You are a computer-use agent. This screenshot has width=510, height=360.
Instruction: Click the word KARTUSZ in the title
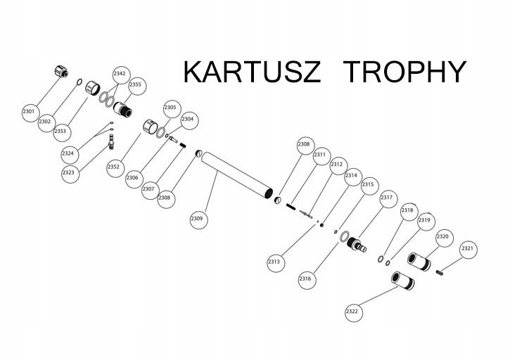tap(252, 72)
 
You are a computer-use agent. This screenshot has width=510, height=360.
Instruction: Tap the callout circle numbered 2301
tap(29, 111)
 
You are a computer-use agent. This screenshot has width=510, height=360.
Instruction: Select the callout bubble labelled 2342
tap(120, 73)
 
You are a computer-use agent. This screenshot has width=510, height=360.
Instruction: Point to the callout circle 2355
tap(135, 85)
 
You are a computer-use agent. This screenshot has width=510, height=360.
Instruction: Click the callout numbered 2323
tap(69, 173)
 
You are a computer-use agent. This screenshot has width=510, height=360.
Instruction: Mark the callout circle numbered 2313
tap(274, 262)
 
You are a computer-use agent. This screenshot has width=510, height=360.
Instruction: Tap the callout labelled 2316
tap(305, 279)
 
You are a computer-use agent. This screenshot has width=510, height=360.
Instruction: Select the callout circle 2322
tap(352, 311)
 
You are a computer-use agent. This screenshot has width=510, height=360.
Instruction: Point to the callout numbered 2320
tap(442, 237)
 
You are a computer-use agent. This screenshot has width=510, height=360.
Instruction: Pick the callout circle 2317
tap(386, 199)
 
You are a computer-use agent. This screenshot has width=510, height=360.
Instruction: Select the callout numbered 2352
tap(114, 167)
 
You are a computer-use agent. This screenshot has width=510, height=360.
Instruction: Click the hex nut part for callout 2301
tap(60, 71)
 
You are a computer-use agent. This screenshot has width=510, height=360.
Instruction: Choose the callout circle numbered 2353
tap(60, 131)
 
